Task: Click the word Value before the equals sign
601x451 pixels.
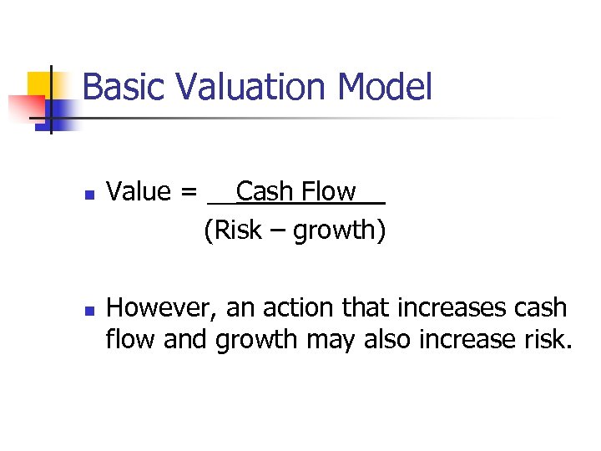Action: [x=139, y=192]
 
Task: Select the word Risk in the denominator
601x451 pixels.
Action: [x=239, y=231]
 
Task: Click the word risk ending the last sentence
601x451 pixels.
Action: [x=548, y=340]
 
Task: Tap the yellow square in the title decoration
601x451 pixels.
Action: [x=40, y=84]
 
